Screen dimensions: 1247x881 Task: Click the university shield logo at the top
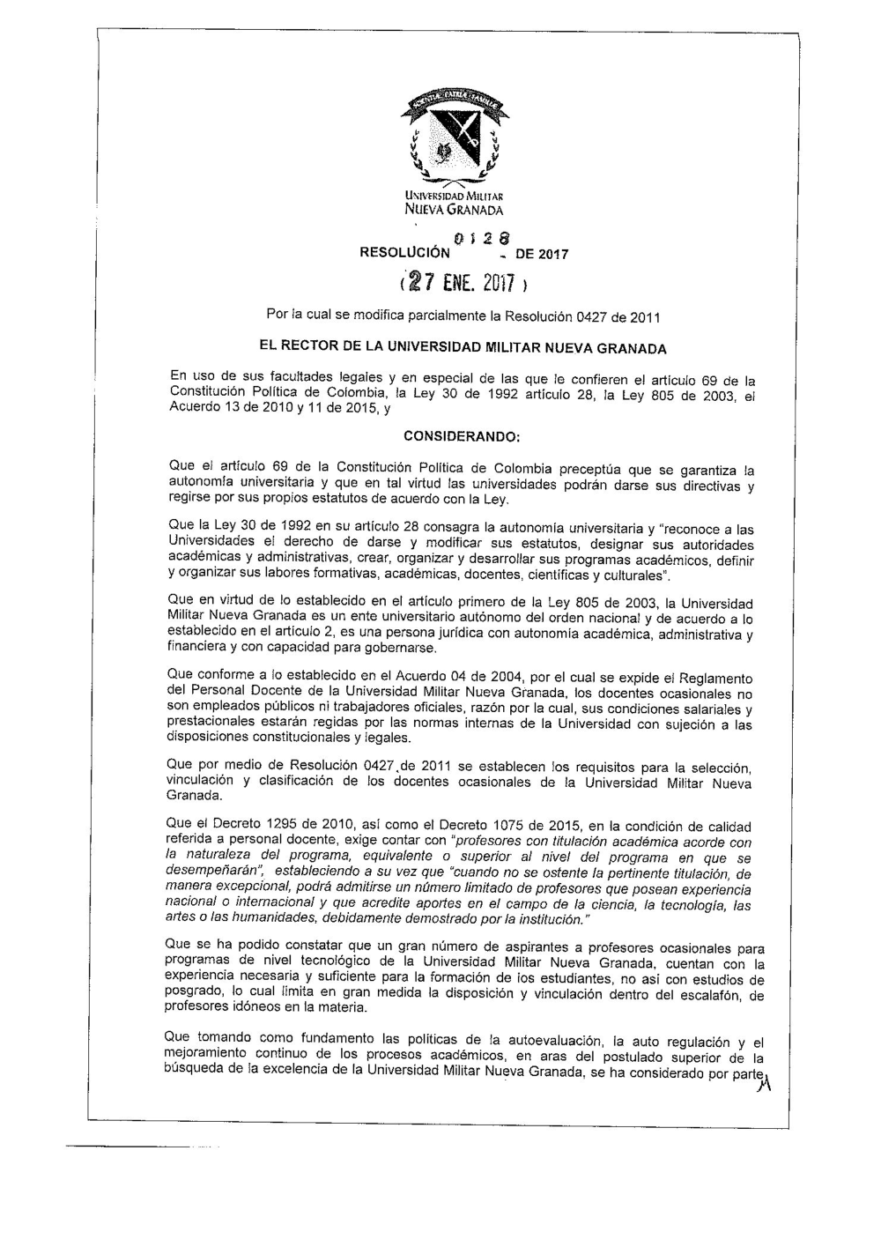click(454, 137)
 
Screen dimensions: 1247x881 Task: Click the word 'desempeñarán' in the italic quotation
click(207, 870)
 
